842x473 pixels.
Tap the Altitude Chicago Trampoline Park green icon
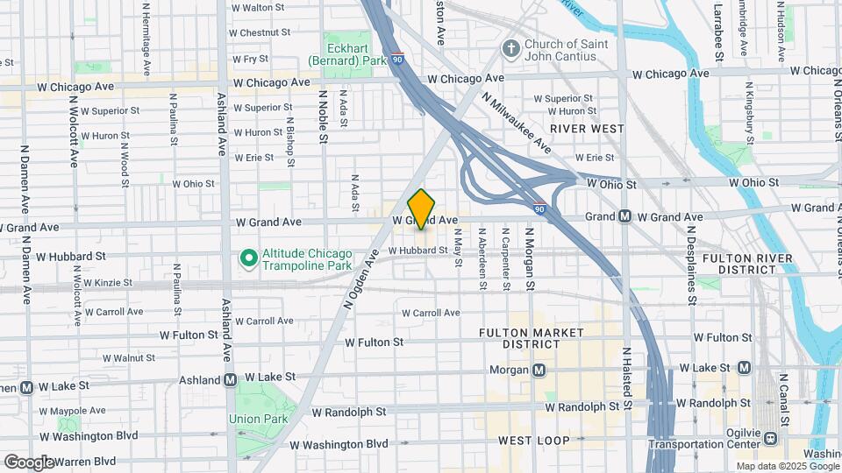pos(248,258)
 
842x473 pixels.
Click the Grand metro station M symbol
pos(625,216)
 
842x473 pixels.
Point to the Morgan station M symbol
pos(539,370)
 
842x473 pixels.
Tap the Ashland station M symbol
pos(230,380)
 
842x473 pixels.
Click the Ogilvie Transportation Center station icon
pos(771,438)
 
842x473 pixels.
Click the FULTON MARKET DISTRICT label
pos(532,339)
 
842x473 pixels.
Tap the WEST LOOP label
pos(533,440)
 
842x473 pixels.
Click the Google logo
pos(29,462)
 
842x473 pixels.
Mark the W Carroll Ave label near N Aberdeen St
pos(431,313)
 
